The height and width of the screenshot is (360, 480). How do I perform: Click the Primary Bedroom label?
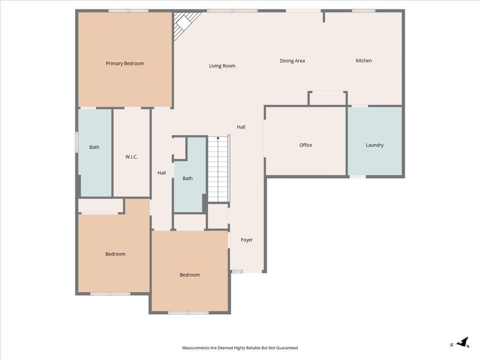[x=125, y=64]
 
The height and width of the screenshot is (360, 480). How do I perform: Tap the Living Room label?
[x=222, y=66]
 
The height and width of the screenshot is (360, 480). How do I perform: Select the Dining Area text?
[x=292, y=61]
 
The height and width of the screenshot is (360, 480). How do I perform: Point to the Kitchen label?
[x=364, y=61]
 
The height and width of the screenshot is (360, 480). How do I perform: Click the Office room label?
[x=306, y=145]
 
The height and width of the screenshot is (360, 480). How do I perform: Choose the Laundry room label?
[x=374, y=145]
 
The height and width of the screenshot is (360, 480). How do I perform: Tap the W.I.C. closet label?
[x=131, y=157]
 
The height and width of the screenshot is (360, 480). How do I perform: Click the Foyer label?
[x=246, y=240]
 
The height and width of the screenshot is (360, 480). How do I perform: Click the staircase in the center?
[x=218, y=170]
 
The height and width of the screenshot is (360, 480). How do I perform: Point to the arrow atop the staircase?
[x=218, y=138]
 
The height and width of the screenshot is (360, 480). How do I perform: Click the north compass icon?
[x=463, y=342]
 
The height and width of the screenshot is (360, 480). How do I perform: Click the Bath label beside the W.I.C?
[x=94, y=147]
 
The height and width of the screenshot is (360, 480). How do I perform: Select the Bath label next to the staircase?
[x=188, y=178]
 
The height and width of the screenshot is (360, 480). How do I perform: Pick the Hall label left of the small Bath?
[x=162, y=173]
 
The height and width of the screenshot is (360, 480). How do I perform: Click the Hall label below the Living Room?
[x=241, y=127]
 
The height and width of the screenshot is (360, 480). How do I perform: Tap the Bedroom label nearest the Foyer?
[x=190, y=275]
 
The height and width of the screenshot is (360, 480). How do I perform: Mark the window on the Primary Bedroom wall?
[x=128, y=11]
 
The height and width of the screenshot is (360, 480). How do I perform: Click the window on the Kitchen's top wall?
[x=364, y=11]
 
